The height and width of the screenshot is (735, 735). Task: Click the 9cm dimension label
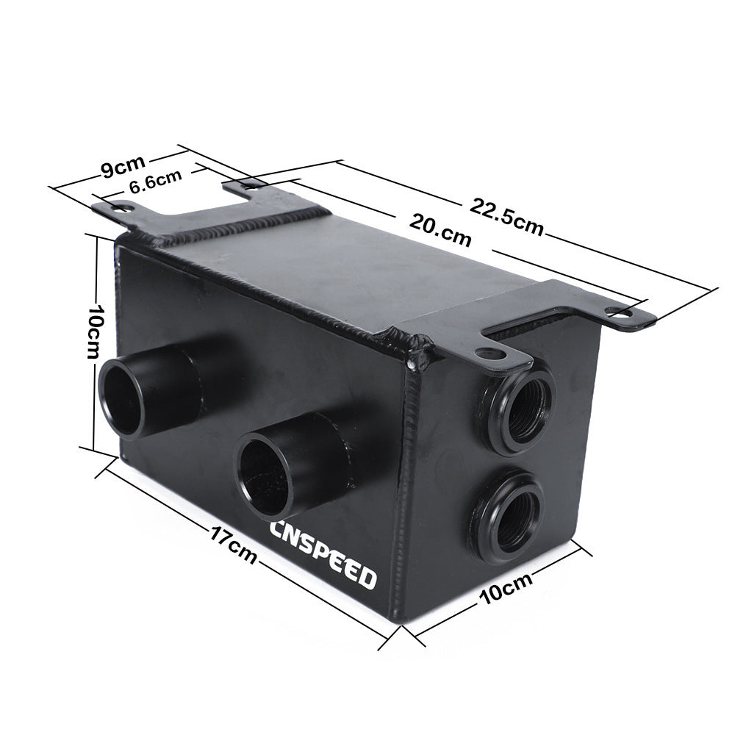tap(121, 168)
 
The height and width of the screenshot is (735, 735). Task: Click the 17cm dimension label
tap(231, 545)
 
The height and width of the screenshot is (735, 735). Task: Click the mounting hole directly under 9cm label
tap(120, 208)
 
